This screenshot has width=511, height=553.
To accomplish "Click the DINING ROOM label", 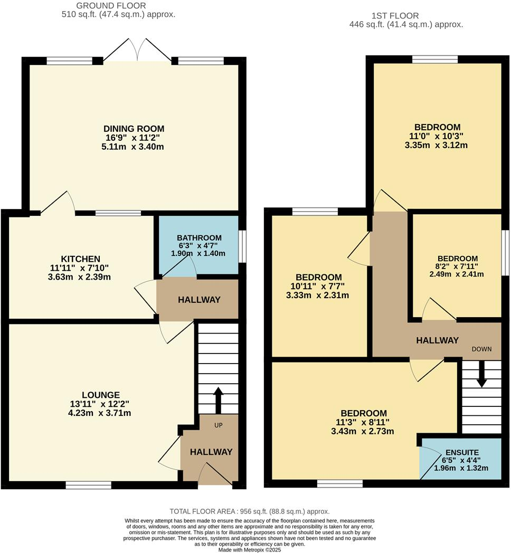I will [134, 128].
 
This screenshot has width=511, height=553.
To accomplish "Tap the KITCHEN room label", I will [81, 259].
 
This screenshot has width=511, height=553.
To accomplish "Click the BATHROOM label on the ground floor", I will [199, 238].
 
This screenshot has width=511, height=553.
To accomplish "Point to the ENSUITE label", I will [462, 452].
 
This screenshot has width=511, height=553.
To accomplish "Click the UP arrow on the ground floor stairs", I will [217, 401].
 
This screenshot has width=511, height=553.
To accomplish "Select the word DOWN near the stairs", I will [481, 349].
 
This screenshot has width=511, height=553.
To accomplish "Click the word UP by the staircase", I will [218, 425].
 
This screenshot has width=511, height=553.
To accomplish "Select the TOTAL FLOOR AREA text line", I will [249, 511].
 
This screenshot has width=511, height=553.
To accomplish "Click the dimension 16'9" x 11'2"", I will [134, 138].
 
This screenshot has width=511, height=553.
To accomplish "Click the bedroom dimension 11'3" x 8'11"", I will [363, 422].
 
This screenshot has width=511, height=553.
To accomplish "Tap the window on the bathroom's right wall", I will [242, 246].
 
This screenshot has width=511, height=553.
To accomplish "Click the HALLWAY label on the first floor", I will [437, 340].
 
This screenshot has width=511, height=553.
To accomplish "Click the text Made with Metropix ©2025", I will [250, 549].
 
